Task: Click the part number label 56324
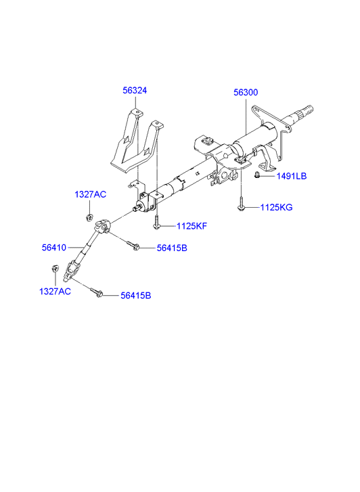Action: (135, 91)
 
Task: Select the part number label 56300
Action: (246, 92)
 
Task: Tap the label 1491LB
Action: (291, 176)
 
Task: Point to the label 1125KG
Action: (276, 207)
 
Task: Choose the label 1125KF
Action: (192, 226)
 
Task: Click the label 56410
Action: (54, 248)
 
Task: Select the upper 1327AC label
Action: (91, 194)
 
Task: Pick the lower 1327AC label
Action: (55, 292)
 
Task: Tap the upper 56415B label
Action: (172, 248)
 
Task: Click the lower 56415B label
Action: (136, 296)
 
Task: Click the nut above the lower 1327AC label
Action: (55, 269)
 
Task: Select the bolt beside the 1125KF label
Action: (156, 222)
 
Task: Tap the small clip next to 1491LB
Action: (257, 175)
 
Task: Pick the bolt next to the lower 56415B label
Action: (96, 292)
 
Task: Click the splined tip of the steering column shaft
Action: (306, 112)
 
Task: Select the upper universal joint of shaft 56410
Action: (103, 226)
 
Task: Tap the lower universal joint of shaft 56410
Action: (72, 270)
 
